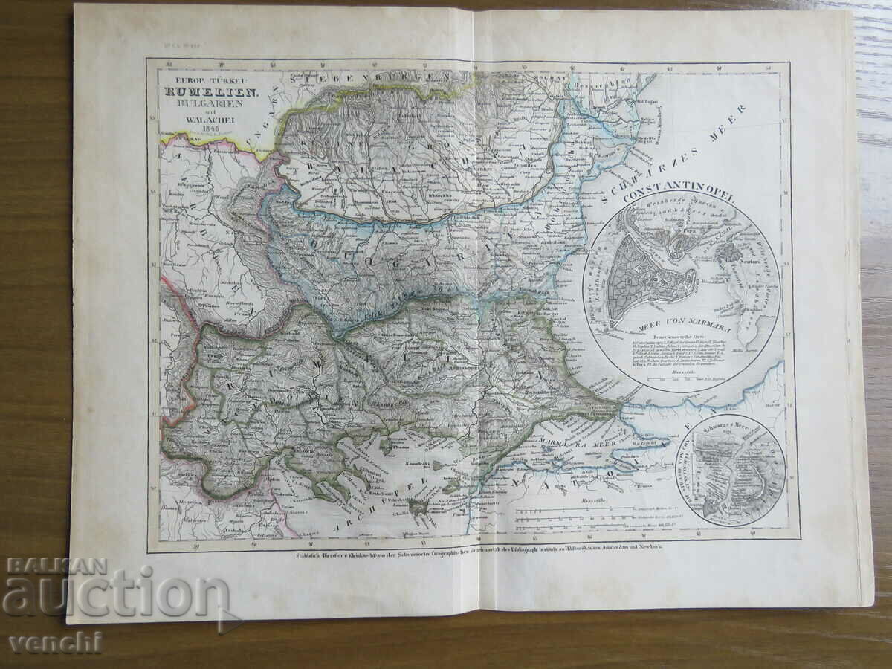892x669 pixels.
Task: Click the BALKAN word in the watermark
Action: (x=56, y=567)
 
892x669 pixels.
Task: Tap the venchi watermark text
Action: (x=56, y=642)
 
